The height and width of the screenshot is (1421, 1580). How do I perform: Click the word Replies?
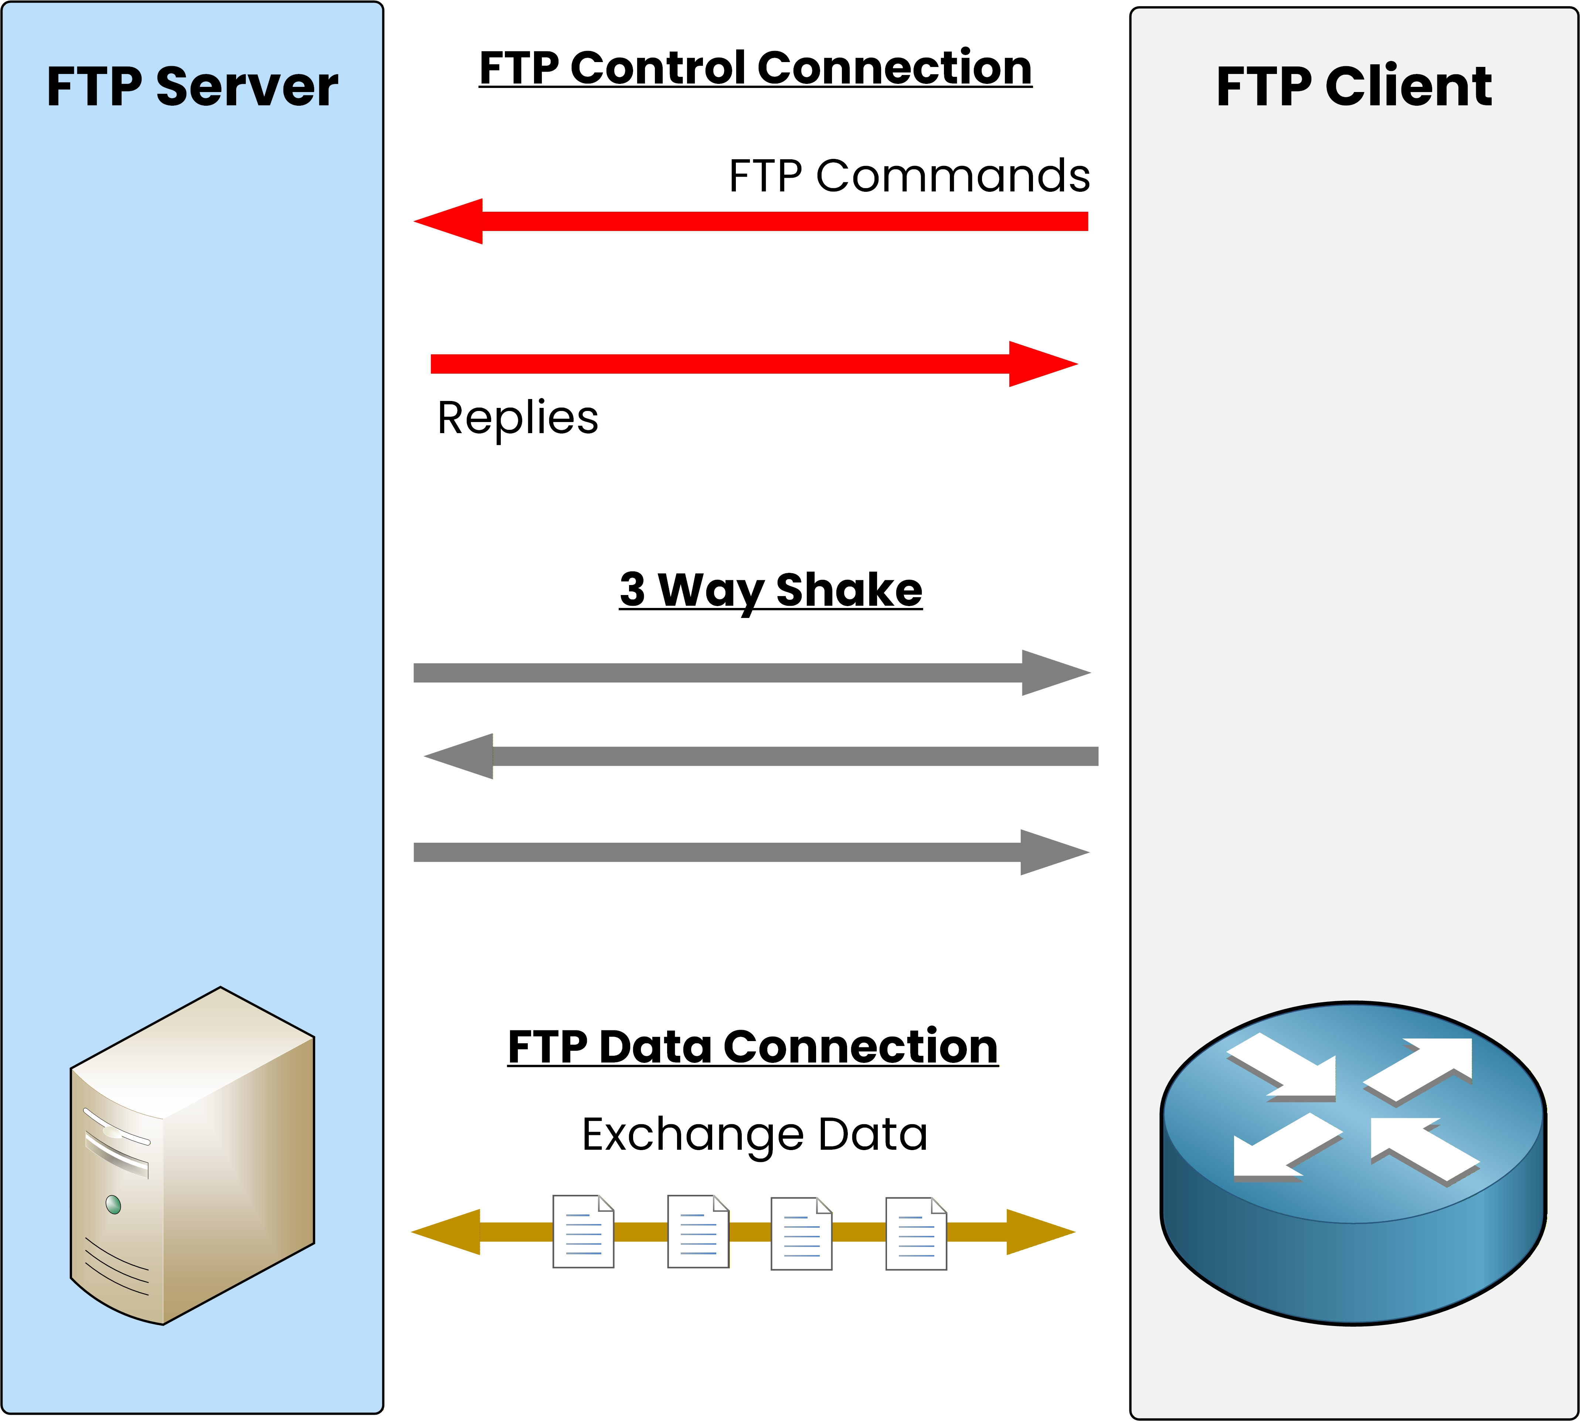pyautogui.click(x=517, y=418)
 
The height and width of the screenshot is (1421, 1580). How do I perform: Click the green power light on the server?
pyautogui.click(x=113, y=1205)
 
